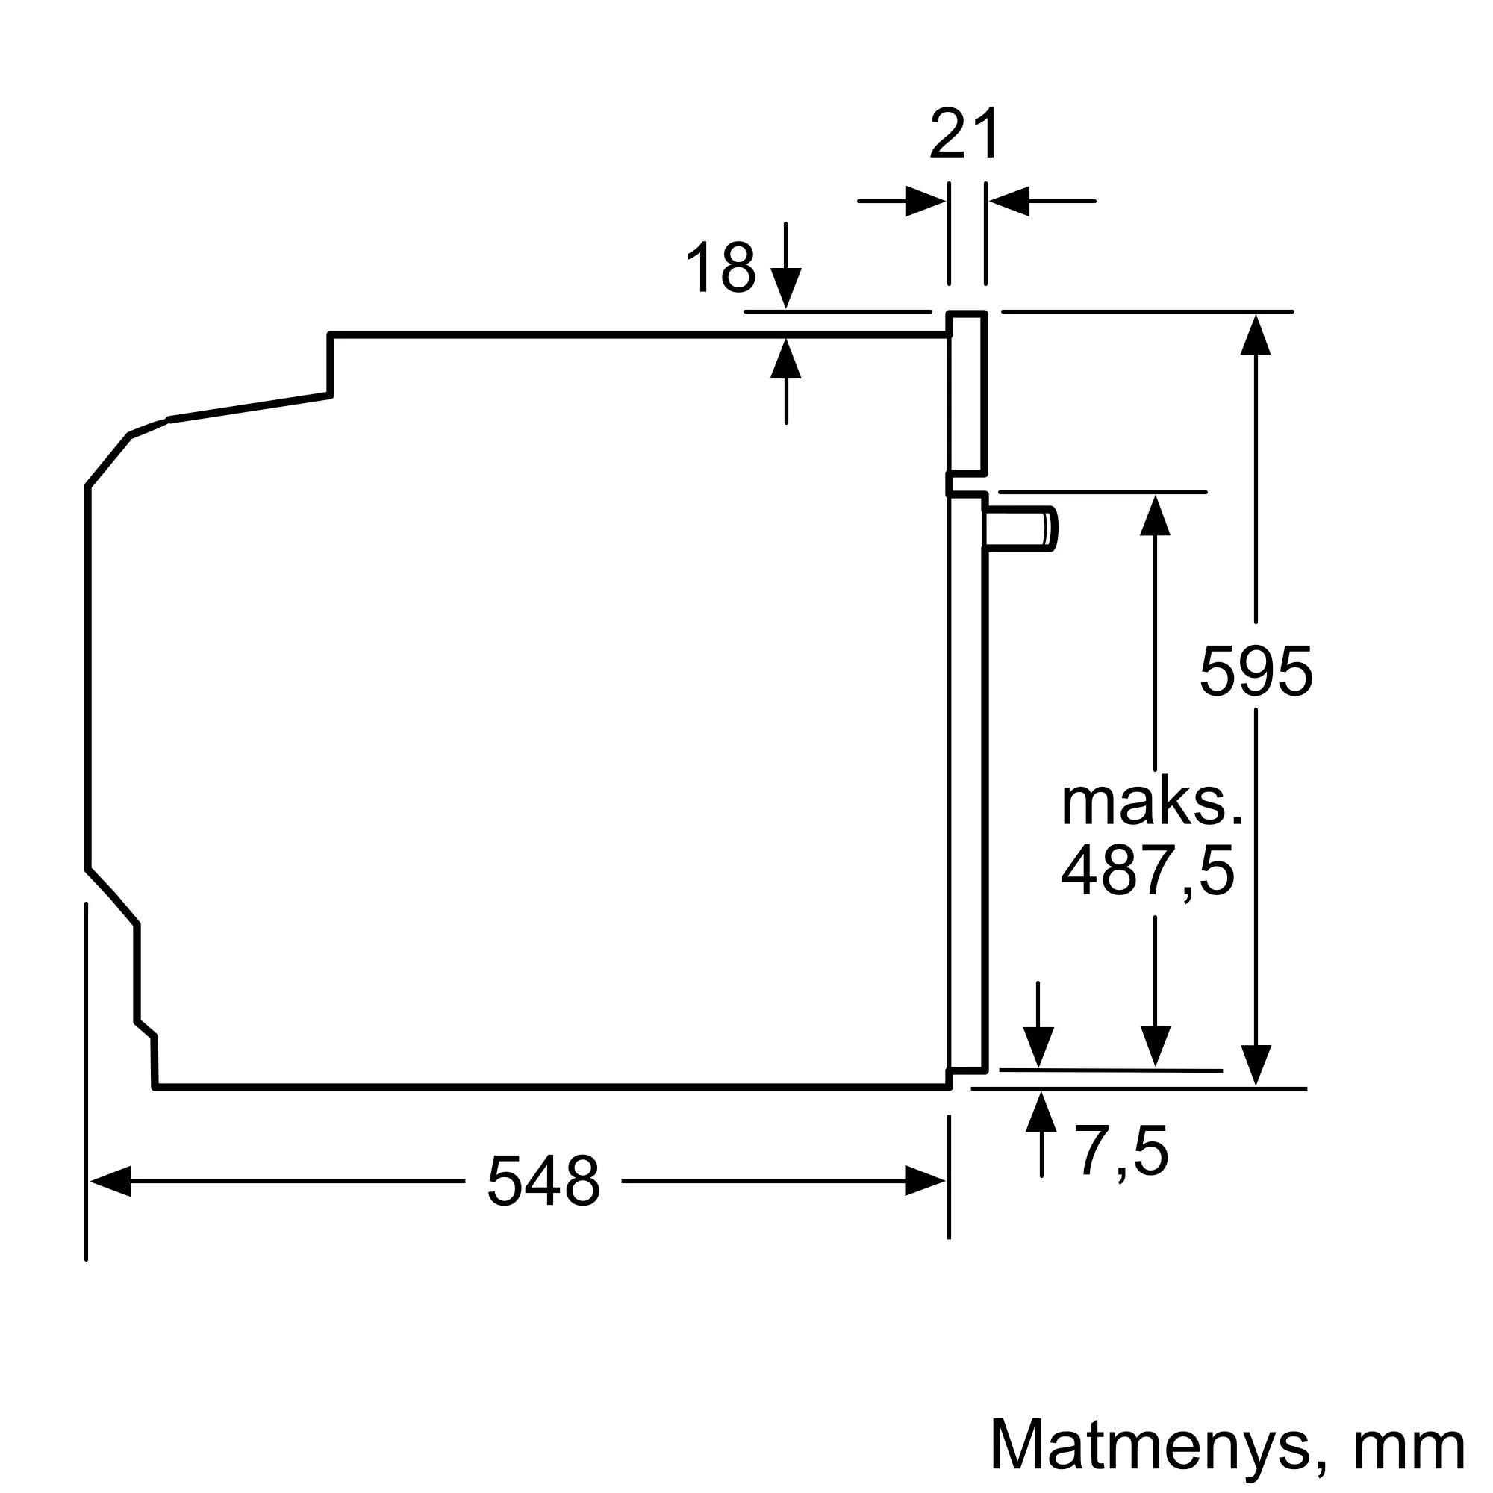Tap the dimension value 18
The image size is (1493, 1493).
click(720, 267)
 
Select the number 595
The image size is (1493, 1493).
click(1256, 672)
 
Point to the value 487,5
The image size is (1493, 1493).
click(1148, 871)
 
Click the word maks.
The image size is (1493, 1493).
click(1151, 803)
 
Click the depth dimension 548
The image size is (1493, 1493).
click(543, 1182)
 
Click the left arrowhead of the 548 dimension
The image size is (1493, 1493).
click(110, 1182)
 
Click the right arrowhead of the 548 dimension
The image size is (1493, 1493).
click(925, 1182)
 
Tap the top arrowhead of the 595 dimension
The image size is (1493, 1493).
click(1256, 335)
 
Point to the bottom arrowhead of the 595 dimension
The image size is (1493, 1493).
click(1256, 1066)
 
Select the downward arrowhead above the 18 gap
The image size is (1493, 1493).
click(786, 288)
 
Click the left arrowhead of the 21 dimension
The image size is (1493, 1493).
click(925, 202)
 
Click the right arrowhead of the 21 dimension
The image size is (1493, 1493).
click(1009, 202)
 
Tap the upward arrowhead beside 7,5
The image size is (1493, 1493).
click(1041, 1113)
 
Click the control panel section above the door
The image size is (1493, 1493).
click(967, 394)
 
